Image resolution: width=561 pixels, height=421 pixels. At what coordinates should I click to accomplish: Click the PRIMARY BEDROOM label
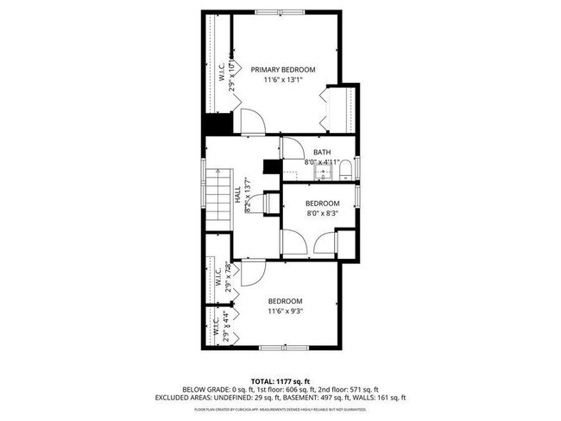pos(282,69)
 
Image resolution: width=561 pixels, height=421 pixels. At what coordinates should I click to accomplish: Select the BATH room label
pos(321,153)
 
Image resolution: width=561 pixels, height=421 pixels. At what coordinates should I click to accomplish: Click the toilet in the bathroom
pos(344,169)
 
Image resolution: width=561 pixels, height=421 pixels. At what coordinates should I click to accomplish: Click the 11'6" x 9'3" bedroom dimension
pos(285,311)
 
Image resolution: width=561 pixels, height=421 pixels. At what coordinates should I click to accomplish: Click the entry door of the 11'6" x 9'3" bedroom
pos(251,275)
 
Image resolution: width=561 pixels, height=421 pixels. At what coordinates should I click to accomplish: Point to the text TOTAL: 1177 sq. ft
pos(280,380)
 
